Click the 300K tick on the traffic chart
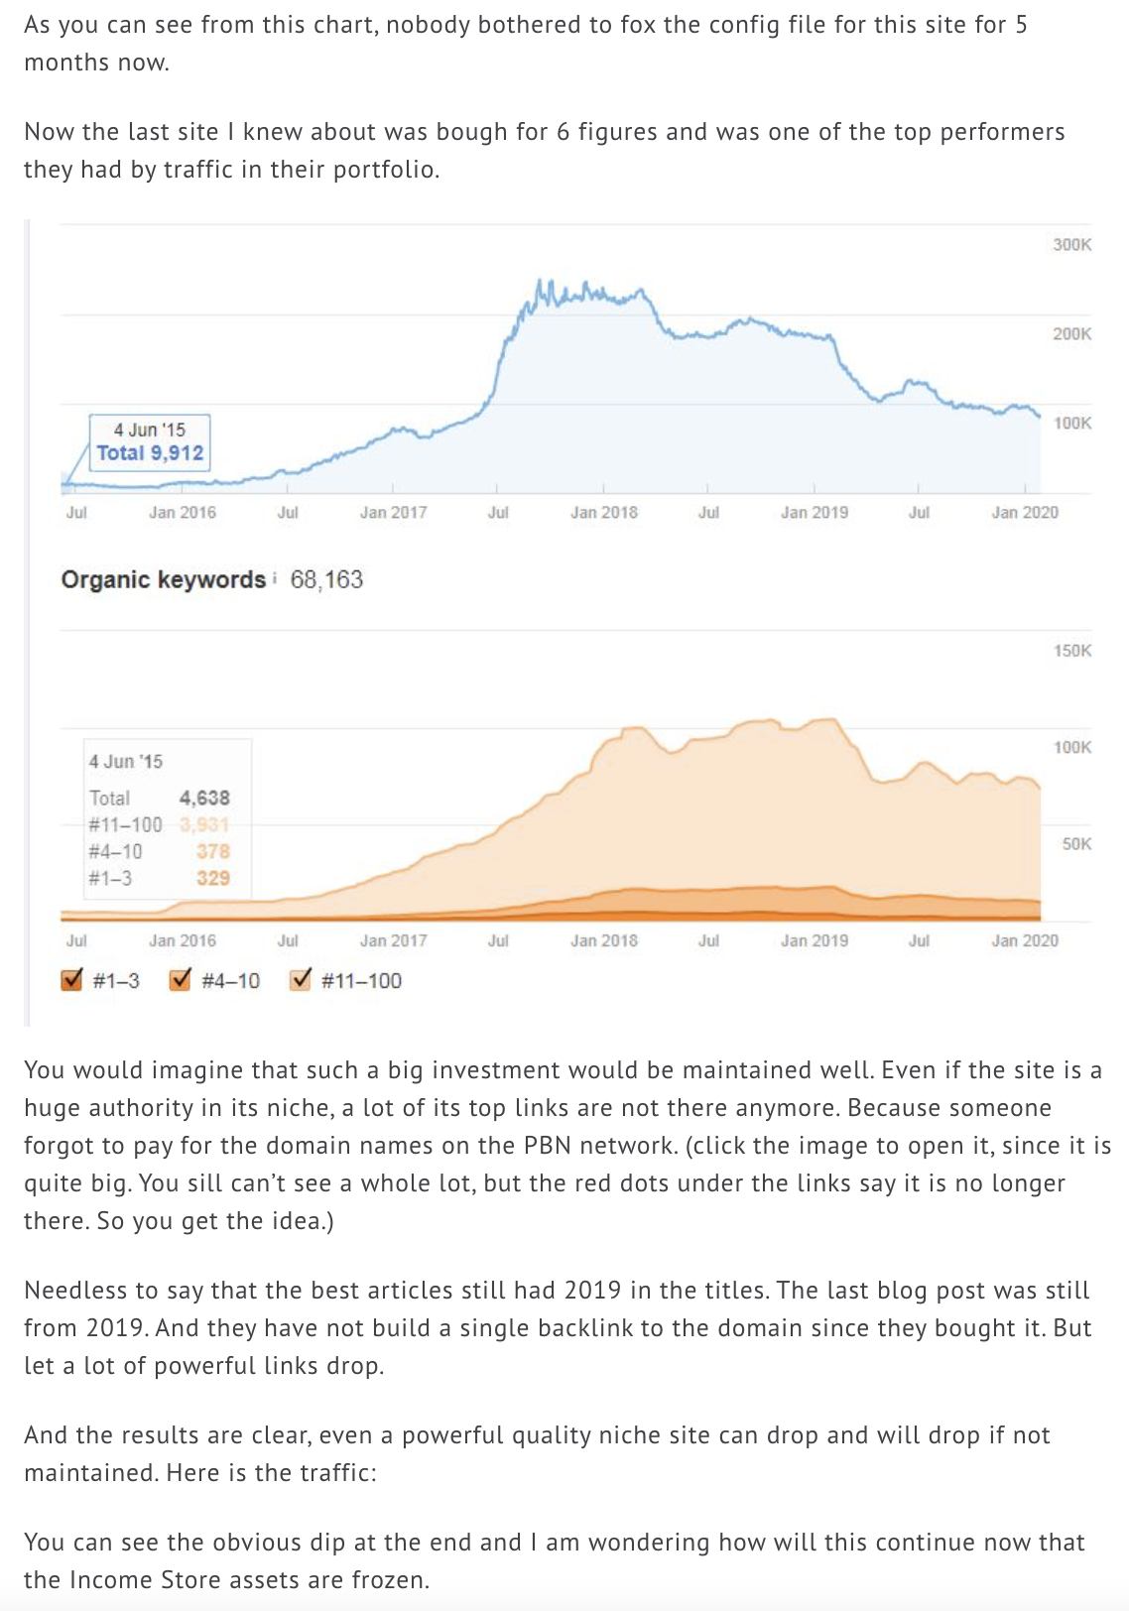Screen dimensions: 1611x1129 [x=1071, y=245]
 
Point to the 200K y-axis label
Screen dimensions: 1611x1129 [x=1071, y=334]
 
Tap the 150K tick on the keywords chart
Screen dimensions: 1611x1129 [x=1071, y=651]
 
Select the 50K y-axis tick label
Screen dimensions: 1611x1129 [x=1076, y=844]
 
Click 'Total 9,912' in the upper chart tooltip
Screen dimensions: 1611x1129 [x=150, y=453]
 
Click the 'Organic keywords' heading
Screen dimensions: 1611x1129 [x=163, y=580]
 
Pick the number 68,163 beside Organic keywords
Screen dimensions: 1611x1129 [x=326, y=580]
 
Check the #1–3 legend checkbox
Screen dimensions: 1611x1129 [x=72, y=980]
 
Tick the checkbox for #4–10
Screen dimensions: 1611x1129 [x=181, y=980]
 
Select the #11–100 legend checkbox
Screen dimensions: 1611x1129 [x=301, y=980]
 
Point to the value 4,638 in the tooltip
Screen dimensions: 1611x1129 [x=204, y=799]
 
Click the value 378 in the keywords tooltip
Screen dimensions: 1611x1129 [x=212, y=852]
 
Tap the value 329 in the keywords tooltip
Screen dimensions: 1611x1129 [x=212, y=879]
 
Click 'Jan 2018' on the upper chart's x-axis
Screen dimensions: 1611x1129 [x=604, y=513]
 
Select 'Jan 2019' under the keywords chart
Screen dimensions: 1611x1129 [x=815, y=941]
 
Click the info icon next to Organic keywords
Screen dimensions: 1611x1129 [x=274, y=578]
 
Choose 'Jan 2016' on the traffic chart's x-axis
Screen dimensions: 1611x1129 [x=183, y=513]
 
